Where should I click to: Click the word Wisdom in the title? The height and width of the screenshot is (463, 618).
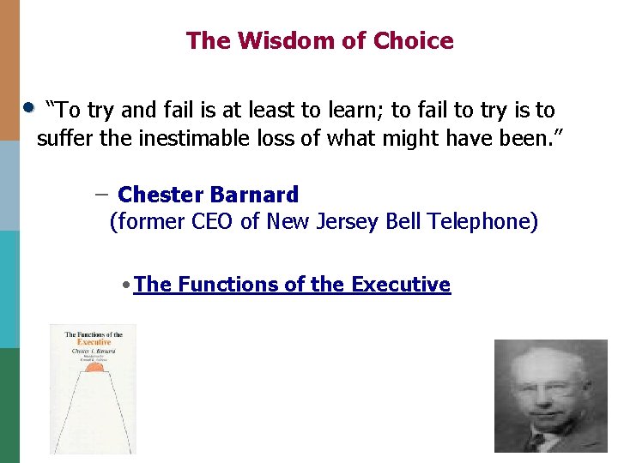coord(276,40)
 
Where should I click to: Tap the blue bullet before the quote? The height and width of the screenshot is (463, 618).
coord(28,108)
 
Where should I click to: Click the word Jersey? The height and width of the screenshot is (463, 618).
coord(345,222)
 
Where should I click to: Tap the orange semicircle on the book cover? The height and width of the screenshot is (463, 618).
coord(93,366)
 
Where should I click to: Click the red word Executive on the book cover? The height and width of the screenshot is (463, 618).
coord(92,343)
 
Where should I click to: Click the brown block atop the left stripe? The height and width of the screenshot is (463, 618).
coord(9,69)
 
